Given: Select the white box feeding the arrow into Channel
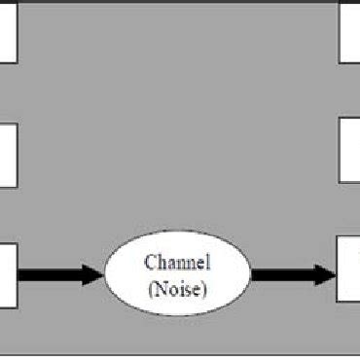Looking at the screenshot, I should (8, 274).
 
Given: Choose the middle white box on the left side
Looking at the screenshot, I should (8, 154).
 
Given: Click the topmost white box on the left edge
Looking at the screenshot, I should (8, 31).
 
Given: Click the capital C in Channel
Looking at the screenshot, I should (150, 262).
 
